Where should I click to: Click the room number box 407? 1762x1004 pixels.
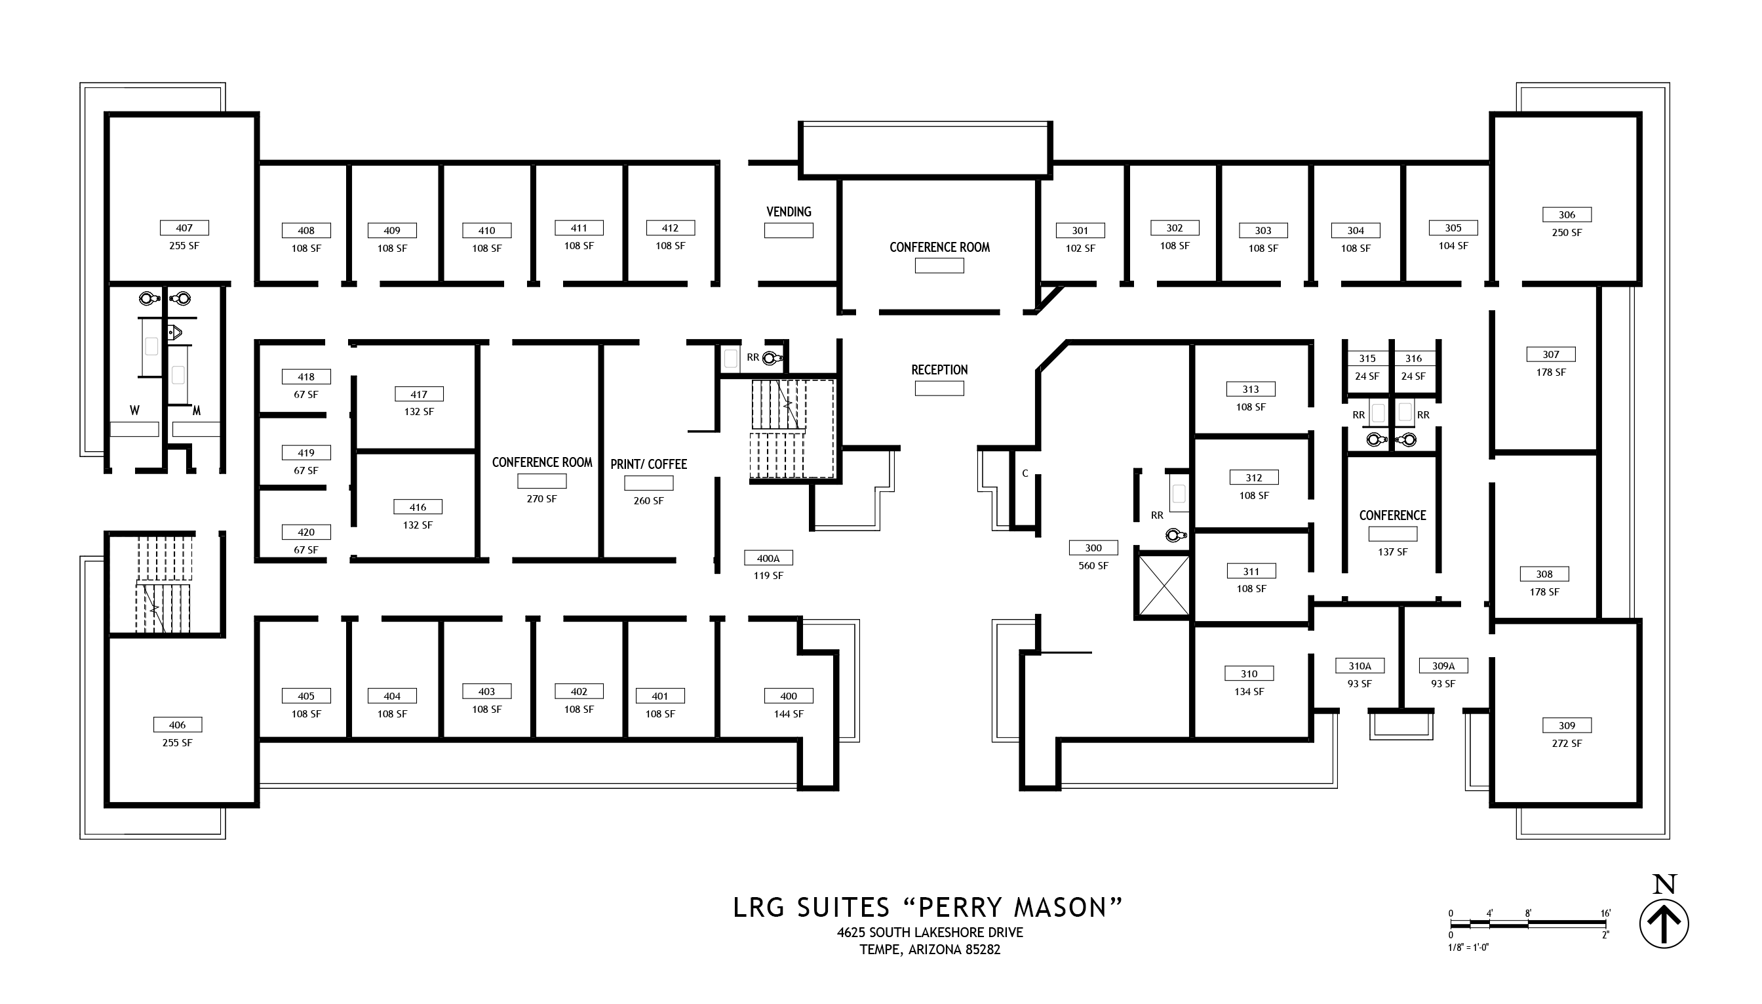click(184, 228)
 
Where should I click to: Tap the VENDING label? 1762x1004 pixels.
click(789, 212)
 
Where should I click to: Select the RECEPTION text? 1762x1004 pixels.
click(939, 371)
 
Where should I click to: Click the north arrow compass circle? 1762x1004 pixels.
click(1664, 923)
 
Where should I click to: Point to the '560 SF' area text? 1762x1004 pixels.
click(1093, 565)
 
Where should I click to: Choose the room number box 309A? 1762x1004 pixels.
click(1443, 666)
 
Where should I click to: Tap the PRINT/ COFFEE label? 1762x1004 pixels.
click(648, 464)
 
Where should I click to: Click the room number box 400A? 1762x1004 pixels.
click(768, 558)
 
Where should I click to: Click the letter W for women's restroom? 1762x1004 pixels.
click(134, 411)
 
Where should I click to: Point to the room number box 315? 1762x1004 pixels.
click(1367, 359)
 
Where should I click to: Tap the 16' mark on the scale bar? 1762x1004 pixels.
click(1605, 913)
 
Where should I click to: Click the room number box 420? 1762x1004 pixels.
click(306, 532)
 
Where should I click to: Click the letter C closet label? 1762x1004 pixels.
click(1025, 473)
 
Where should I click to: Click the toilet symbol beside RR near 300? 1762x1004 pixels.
click(1175, 535)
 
